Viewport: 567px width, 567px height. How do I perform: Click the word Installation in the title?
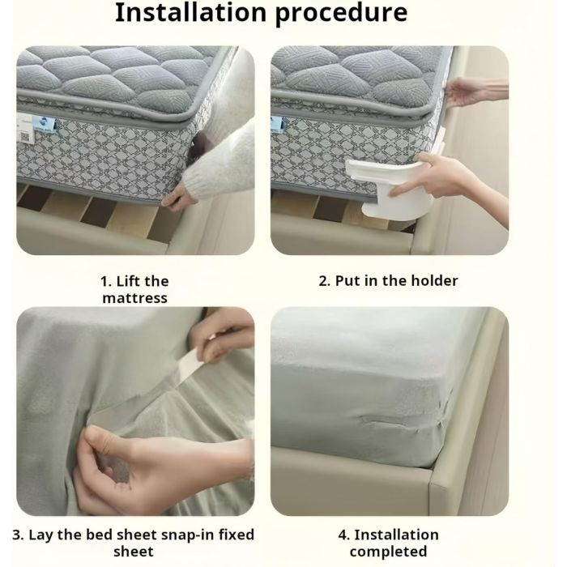pyautogui.click(x=190, y=13)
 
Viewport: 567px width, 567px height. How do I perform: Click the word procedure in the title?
pyautogui.click(x=341, y=15)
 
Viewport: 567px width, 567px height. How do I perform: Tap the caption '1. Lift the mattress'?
pyautogui.click(x=134, y=289)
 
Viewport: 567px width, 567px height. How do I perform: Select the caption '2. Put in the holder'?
pyautogui.click(x=388, y=281)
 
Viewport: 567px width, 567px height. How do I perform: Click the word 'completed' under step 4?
pyautogui.click(x=388, y=552)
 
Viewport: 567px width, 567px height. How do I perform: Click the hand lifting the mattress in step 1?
pyautogui.click(x=177, y=200)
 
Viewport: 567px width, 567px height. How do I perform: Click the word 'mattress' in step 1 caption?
pyautogui.click(x=135, y=298)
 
